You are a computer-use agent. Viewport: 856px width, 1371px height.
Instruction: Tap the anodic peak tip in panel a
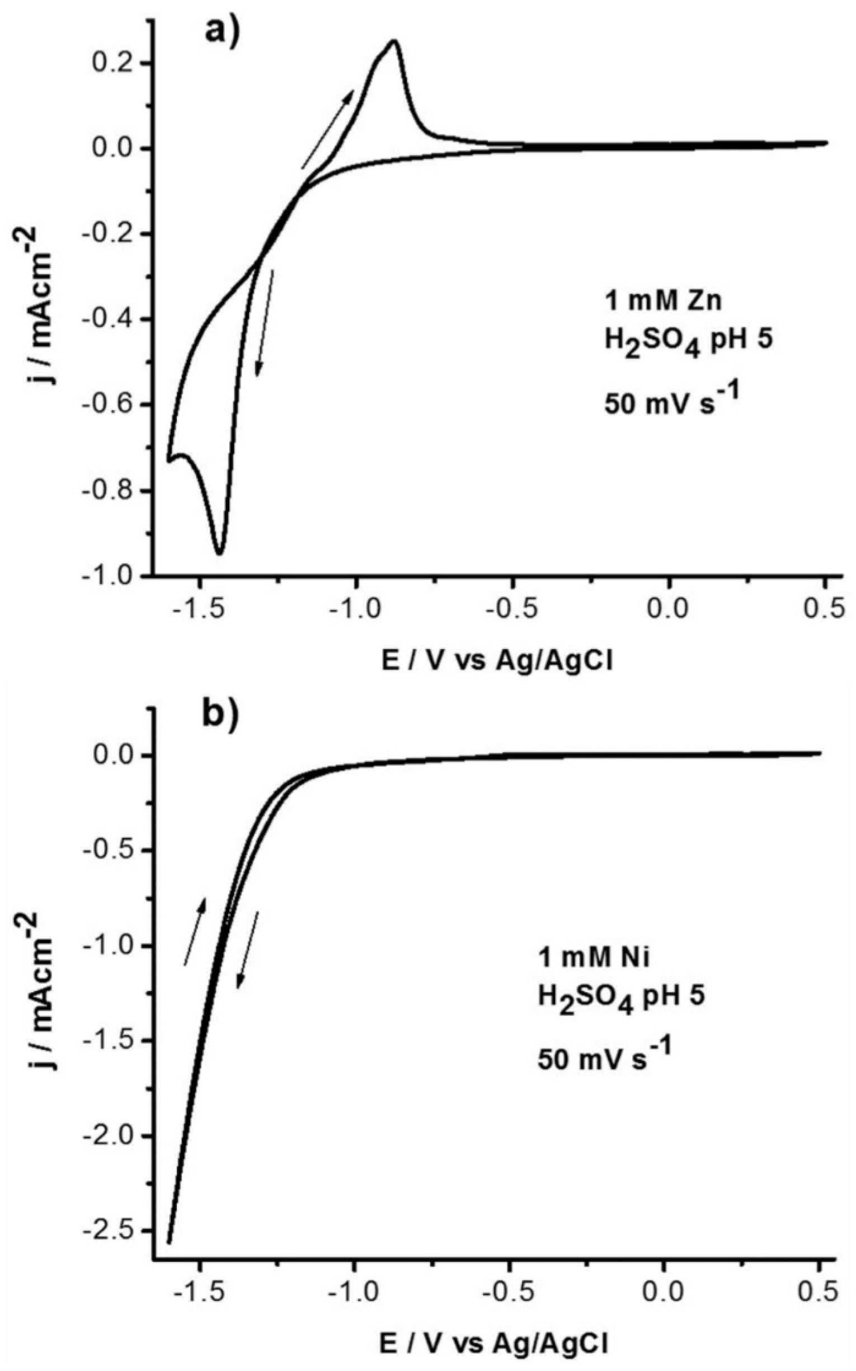pos(393,41)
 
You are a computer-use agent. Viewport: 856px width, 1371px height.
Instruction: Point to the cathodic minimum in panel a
pos(219,553)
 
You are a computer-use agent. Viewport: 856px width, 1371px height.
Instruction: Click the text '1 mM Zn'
pos(663,302)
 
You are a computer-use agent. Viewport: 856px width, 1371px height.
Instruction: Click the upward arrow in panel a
pos(327,129)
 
